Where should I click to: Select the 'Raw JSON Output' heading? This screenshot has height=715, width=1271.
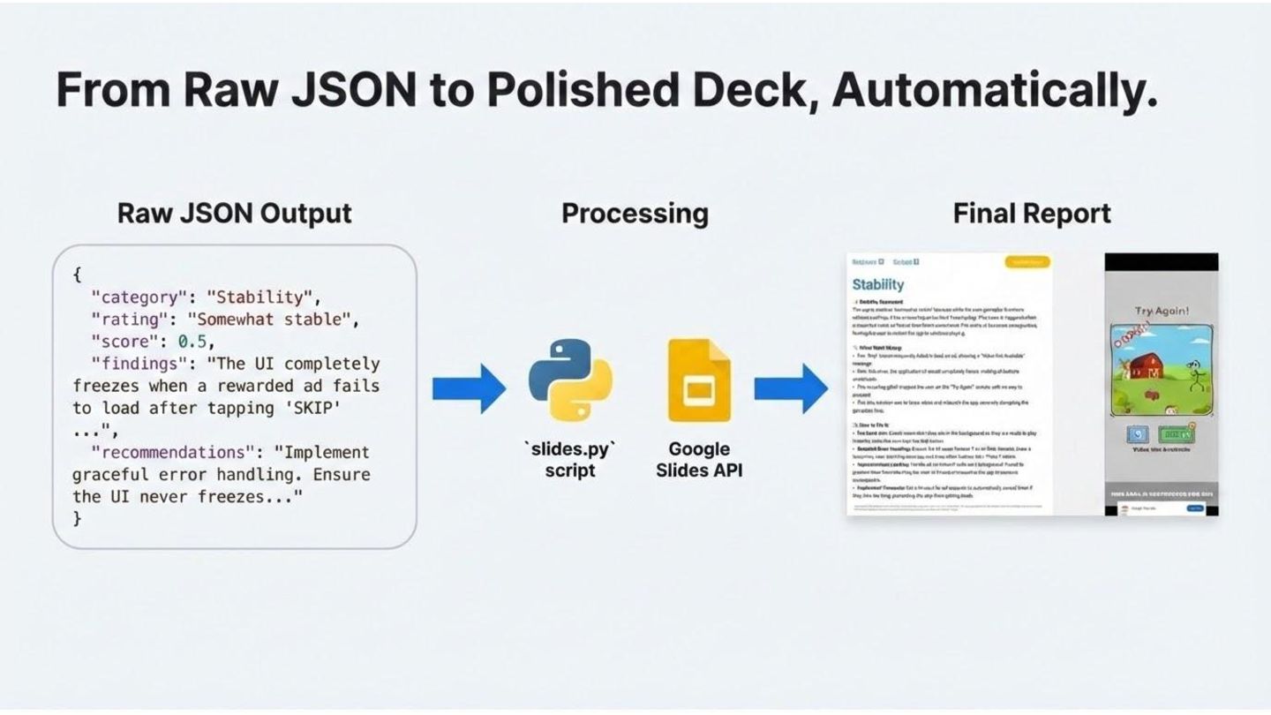[x=235, y=214]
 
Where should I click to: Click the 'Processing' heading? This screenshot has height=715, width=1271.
[x=635, y=214]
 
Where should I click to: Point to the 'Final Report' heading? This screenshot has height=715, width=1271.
[x=1032, y=214]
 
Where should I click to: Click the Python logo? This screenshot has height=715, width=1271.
[x=570, y=380]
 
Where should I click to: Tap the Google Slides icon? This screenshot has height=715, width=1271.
[x=699, y=380]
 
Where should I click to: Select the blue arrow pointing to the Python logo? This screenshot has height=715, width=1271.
[x=469, y=388]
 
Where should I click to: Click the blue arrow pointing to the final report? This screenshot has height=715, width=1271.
[x=790, y=388]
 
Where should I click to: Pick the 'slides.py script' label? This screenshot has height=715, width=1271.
[x=570, y=459]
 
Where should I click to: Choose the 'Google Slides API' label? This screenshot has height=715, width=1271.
[x=699, y=459]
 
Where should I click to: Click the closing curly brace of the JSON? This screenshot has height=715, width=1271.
[x=77, y=519]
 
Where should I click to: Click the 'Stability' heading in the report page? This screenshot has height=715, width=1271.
[x=878, y=284]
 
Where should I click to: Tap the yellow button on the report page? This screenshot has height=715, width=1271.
[x=1027, y=262]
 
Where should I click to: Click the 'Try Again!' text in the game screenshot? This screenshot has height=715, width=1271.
[x=1162, y=312]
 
